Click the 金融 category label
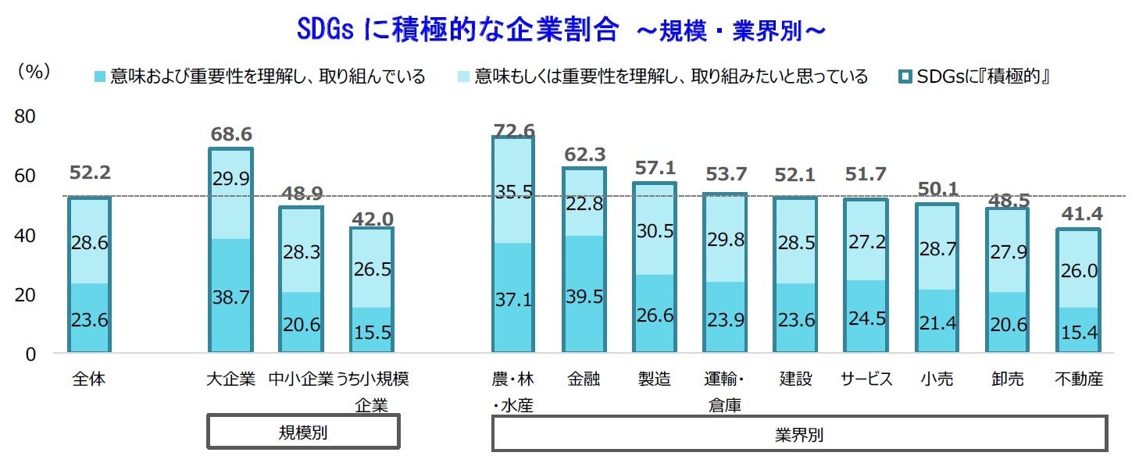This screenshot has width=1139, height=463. (584, 379)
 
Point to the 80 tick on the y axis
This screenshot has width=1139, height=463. (26, 116)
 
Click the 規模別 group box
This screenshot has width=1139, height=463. (303, 433)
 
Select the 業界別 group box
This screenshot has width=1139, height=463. (799, 434)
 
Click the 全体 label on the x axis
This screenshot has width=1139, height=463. (88, 379)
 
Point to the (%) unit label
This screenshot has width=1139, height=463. (34, 71)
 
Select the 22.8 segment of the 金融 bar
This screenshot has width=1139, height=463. (584, 203)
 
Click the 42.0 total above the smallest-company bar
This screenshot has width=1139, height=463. (371, 219)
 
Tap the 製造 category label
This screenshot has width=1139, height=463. (654, 379)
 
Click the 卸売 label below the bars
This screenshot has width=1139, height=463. (1007, 379)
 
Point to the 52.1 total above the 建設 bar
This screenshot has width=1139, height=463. (796, 176)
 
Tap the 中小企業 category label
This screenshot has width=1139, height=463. (301, 379)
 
